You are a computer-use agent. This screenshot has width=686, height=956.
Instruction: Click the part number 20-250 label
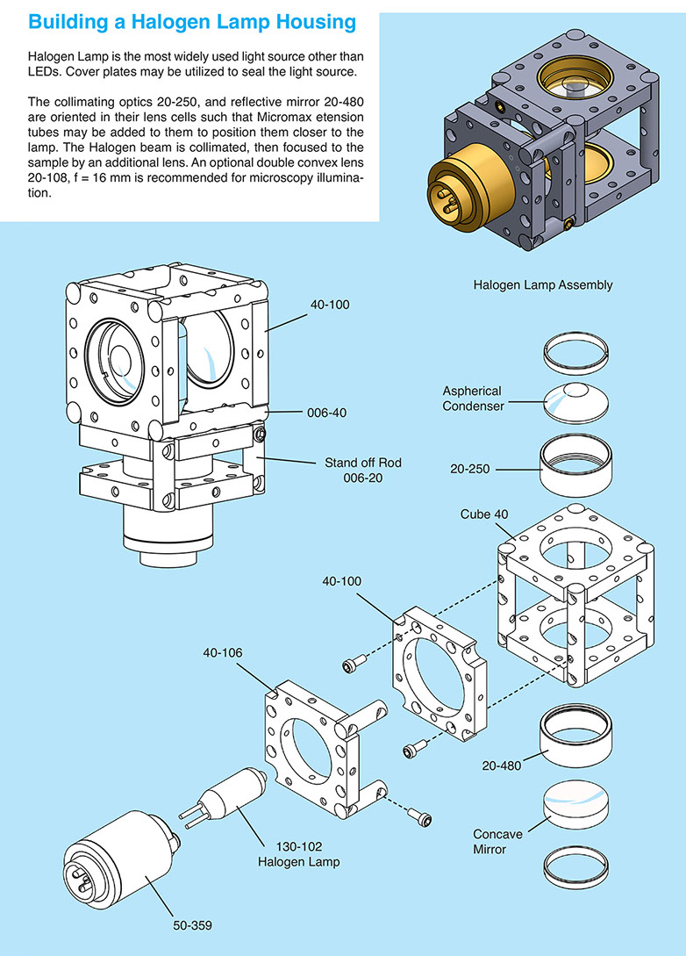tap(472, 470)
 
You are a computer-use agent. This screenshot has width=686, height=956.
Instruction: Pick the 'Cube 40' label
tap(483, 514)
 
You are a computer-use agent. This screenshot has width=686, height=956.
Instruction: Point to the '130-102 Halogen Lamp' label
tap(298, 855)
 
